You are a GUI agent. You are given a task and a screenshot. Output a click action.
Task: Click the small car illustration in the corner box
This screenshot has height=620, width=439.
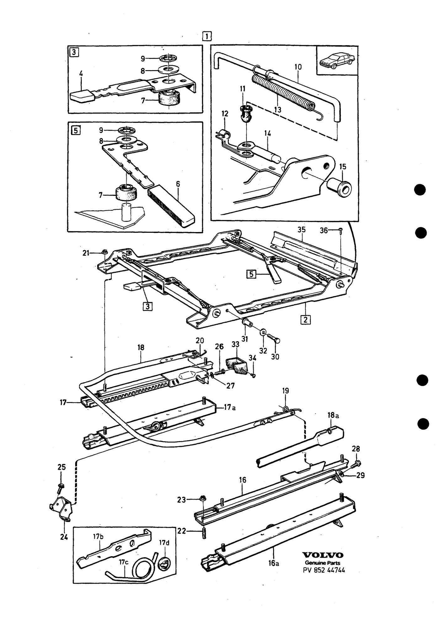337,60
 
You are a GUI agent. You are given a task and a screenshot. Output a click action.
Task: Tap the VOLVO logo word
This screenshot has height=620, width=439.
323,555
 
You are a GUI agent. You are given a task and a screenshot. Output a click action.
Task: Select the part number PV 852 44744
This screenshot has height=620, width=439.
324,570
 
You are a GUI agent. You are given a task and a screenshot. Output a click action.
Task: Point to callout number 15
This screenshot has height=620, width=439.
343,167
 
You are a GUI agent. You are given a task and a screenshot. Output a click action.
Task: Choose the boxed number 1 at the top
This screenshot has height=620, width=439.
207,36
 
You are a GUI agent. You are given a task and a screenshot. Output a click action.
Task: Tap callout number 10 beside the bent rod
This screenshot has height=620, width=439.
298,67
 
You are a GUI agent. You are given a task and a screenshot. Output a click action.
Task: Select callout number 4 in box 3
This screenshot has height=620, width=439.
81,74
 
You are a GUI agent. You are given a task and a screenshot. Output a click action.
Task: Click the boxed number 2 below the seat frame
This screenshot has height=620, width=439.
306,320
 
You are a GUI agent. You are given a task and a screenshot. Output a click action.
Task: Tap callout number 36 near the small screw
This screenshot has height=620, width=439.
324,230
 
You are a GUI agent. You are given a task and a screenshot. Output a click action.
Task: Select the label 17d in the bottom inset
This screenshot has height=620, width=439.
164,542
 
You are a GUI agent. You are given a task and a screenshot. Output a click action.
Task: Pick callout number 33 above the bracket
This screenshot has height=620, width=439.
235,344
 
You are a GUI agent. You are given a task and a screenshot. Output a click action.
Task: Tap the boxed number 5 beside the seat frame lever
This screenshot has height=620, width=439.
251,275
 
